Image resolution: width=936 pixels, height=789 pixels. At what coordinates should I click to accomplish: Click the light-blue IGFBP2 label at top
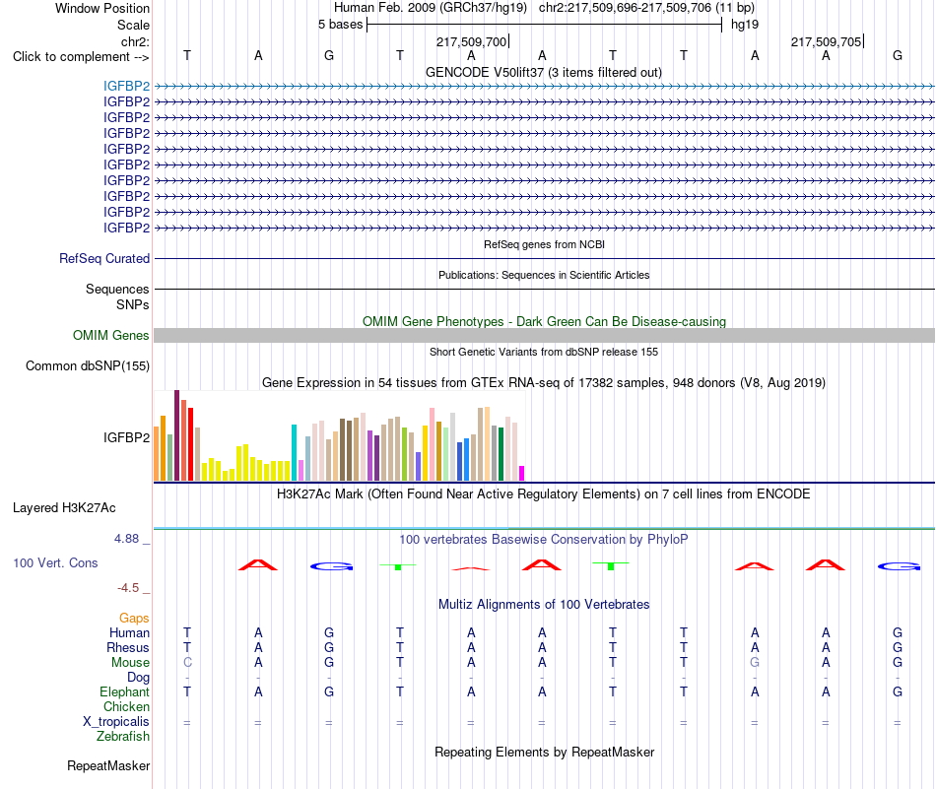pyautogui.click(x=126, y=86)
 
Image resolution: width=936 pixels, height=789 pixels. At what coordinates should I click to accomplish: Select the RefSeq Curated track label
pyautogui.click(x=104, y=258)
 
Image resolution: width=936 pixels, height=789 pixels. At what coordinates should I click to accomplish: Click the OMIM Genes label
pyautogui.click(x=111, y=336)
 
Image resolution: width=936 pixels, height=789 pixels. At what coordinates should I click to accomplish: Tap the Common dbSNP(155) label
pyautogui.click(x=88, y=365)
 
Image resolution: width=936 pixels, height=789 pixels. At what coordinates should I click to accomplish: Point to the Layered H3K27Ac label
pyautogui.click(x=64, y=508)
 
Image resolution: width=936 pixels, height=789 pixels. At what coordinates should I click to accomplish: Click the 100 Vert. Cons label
pyautogui.click(x=55, y=562)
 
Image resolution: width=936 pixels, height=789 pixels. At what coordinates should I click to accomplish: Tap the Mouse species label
pyautogui.click(x=130, y=663)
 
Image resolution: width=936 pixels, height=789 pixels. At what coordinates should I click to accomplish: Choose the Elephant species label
pyautogui.click(x=125, y=691)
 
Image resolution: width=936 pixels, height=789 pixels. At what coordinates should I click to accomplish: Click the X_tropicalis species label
pyautogui.click(x=116, y=722)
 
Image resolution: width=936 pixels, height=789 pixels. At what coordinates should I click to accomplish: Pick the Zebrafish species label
pyautogui.click(x=123, y=737)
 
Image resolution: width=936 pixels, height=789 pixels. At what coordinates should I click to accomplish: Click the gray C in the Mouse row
pyautogui.click(x=187, y=663)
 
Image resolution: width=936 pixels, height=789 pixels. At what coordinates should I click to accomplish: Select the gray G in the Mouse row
pyautogui.click(x=755, y=663)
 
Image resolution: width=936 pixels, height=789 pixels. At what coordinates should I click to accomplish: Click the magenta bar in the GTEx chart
pyautogui.click(x=522, y=473)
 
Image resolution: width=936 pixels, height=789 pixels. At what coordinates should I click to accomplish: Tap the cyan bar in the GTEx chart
pyautogui.click(x=294, y=452)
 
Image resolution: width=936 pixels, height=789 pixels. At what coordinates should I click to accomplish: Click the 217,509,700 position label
pyautogui.click(x=471, y=41)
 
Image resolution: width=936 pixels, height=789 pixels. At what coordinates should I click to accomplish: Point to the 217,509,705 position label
pyautogui.click(x=827, y=41)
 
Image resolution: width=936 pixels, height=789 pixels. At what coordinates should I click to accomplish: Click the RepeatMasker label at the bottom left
pyautogui.click(x=108, y=765)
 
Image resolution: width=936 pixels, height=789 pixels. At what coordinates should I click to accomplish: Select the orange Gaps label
pyautogui.click(x=134, y=619)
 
